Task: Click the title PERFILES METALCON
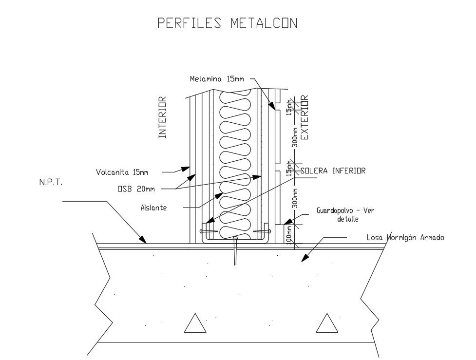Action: click(227, 23)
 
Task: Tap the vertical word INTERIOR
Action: click(163, 117)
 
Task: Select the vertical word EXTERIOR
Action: click(305, 117)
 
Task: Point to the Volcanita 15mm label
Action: click(121, 172)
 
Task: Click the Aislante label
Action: click(153, 208)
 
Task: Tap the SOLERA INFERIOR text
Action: click(333, 171)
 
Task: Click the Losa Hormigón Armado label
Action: click(405, 238)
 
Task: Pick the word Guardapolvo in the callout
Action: click(336, 211)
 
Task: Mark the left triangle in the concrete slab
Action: click(195, 323)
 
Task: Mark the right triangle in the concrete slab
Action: click(327, 323)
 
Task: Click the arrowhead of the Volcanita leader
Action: click(186, 169)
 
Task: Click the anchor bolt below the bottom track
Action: click(235, 251)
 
